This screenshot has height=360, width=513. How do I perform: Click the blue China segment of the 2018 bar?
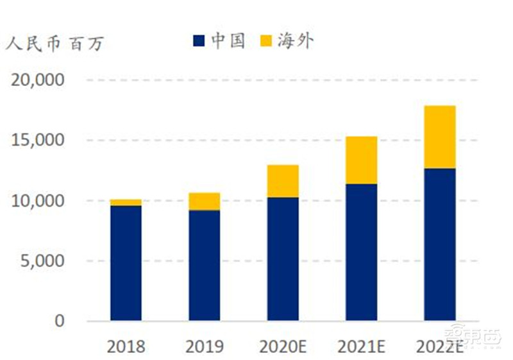pyautogui.click(x=126, y=263)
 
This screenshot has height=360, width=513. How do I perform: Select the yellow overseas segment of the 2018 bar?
pyautogui.click(x=126, y=202)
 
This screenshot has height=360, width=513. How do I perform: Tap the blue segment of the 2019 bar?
pyautogui.click(x=204, y=265)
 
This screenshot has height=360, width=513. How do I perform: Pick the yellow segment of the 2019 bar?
pyautogui.click(x=204, y=201)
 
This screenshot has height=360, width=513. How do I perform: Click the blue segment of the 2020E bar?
pyautogui.click(x=283, y=259)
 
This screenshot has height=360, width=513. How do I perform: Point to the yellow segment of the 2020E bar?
pyautogui.click(x=283, y=181)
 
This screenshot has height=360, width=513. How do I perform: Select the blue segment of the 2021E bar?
pyautogui.click(x=361, y=252)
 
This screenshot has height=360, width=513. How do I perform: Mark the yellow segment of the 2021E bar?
pyautogui.click(x=361, y=160)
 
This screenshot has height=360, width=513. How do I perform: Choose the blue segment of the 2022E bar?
pyautogui.click(x=440, y=244)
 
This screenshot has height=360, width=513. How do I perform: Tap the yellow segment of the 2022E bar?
pyautogui.click(x=440, y=137)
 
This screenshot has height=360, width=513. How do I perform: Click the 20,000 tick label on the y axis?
pyautogui.click(x=38, y=80)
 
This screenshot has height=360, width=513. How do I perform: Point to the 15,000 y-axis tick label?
pyautogui.click(x=38, y=141)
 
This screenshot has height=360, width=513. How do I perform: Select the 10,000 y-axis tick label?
pyautogui.click(x=38, y=201)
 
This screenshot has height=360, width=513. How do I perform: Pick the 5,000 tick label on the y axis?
pyautogui.click(x=44, y=261)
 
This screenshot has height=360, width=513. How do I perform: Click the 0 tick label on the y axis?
pyautogui.click(x=60, y=321)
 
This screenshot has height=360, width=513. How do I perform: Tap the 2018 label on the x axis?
pyautogui.click(x=126, y=347)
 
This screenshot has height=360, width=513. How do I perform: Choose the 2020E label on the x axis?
pyautogui.click(x=283, y=347)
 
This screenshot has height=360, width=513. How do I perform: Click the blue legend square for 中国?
pyautogui.click(x=199, y=42)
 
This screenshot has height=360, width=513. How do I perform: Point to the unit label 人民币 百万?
pyautogui.click(x=54, y=44)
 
